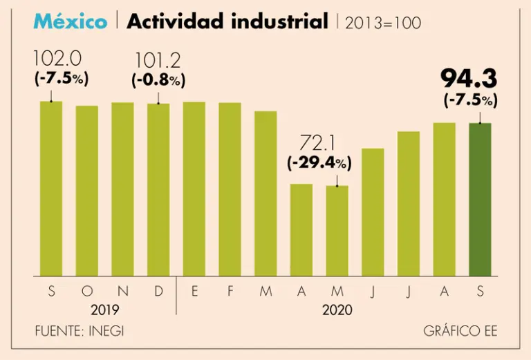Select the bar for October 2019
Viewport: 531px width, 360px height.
86,191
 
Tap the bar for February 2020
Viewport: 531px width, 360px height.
230,189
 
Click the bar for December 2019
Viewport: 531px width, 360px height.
158,190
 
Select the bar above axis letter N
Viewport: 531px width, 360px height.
122,189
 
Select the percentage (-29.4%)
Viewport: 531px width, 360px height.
319,164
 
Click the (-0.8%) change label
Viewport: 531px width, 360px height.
158,80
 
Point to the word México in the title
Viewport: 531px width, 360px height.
71,21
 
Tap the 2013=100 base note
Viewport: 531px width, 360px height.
382,23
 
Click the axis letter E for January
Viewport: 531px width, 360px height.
194,292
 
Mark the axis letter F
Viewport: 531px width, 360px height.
230,292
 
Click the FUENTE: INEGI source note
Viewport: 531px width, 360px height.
80,331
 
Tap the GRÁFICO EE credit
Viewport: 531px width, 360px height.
460,331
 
